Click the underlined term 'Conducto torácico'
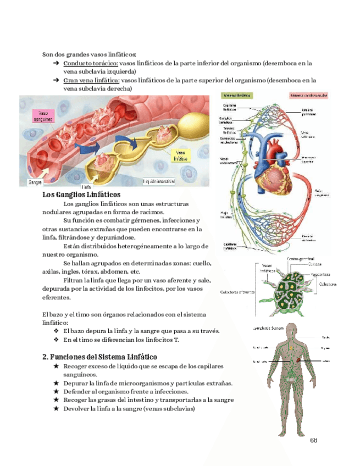coord(90,63)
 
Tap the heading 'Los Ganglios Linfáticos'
coord(81,195)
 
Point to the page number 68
coord(314,440)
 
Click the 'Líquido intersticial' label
coord(159,181)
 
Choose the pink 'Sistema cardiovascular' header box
coord(308,95)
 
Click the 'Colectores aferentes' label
coord(237,292)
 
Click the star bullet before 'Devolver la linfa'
coord(56,409)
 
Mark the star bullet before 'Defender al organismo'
coord(56,392)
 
